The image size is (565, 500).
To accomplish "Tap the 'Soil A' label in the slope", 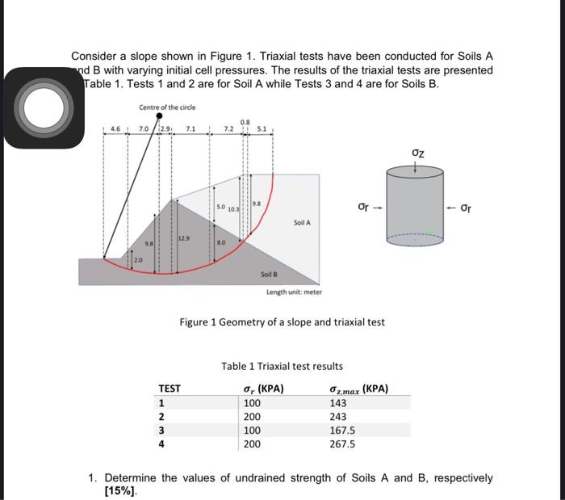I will pyautogui.click(x=302, y=222).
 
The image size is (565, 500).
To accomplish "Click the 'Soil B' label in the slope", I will pyautogui.click(x=270, y=275).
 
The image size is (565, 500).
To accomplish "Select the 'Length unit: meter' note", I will pyautogui.click(x=295, y=292).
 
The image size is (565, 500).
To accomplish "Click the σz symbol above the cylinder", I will pyautogui.click(x=416, y=152).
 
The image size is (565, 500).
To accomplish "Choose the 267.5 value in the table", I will pyautogui.click(x=343, y=443).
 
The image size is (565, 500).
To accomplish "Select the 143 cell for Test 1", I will pyautogui.click(x=338, y=403).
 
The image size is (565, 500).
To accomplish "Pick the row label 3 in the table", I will pyautogui.click(x=162, y=430).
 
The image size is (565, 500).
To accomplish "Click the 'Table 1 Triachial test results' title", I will pyautogui.click(x=282, y=367).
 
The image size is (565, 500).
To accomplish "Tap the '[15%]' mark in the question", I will pyautogui.click(x=120, y=490).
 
